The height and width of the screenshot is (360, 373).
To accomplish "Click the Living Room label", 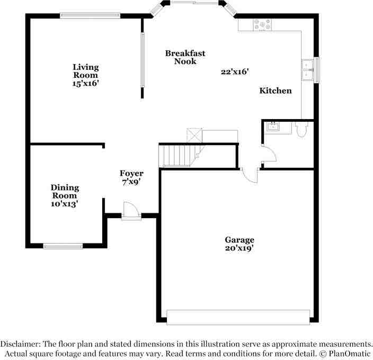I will [86, 71].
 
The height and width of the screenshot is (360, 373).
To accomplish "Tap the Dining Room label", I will [65, 192].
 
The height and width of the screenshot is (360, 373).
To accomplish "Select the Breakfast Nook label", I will [185, 57].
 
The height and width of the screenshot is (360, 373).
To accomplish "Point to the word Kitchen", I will [275, 91].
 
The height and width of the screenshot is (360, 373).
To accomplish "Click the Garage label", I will [239, 240].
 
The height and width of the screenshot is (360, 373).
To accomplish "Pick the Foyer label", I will [131, 174].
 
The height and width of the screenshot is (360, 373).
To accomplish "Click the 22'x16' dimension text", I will [235, 71].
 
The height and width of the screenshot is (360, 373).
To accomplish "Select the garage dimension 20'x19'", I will [239, 248].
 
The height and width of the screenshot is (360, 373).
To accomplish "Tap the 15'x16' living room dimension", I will [86, 84].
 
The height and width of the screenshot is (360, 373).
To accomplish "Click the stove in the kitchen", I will [263, 24].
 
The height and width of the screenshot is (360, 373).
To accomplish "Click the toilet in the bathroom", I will [303, 129].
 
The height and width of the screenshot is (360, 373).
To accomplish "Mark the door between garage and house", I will [250, 175].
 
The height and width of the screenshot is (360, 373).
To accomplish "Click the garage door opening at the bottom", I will [238, 316].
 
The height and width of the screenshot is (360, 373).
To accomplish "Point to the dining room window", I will [63, 246].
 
